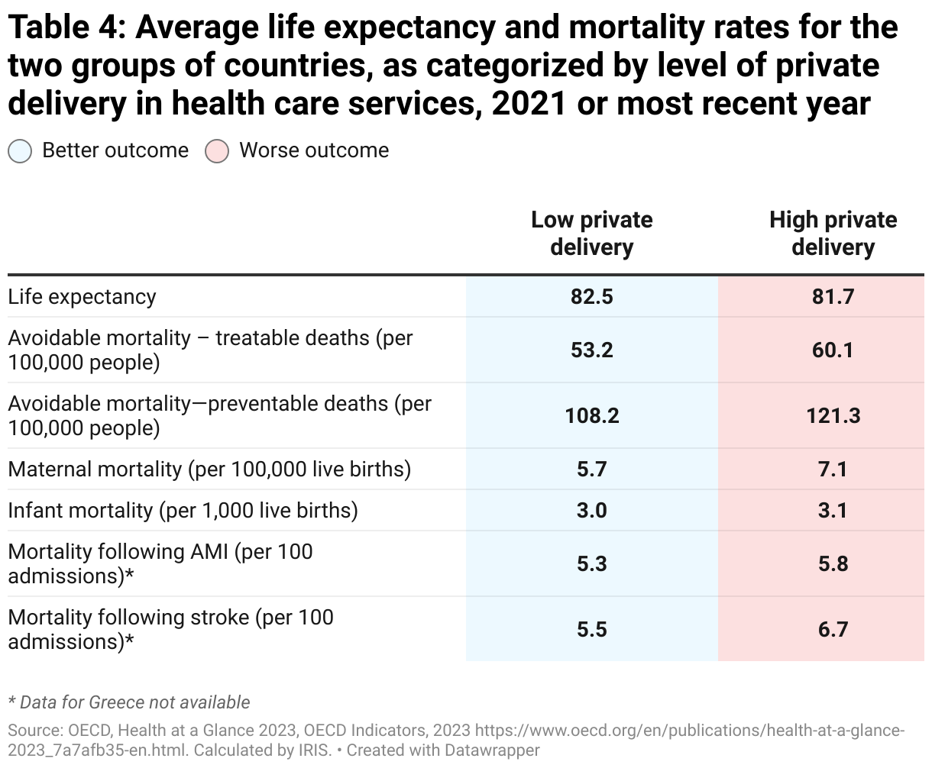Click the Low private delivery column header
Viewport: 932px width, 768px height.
pyautogui.click(x=591, y=234)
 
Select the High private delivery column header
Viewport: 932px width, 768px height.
pyautogui.click(x=833, y=234)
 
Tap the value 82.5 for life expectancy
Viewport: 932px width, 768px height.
pyautogui.click(x=591, y=297)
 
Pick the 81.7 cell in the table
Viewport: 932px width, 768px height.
pyautogui.click(x=833, y=297)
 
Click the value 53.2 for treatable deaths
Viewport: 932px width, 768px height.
pyautogui.click(x=591, y=350)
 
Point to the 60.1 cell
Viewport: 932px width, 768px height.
pyautogui.click(x=833, y=350)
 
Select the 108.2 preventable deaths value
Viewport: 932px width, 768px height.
pyautogui.click(x=591, y=416)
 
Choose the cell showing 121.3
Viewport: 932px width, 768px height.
pyautogui.click(x=833, y=416)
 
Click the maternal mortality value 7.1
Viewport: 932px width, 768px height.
pyautogui.click(x=833, y=469)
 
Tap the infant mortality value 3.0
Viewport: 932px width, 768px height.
pyautogui.click(x=591, y=510)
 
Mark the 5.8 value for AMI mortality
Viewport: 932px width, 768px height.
pyautogui.click(x=833, y=564)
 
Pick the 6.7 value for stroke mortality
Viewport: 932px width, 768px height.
pyautogui.click(x=833, y=629)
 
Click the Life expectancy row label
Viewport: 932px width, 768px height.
pyautogui.click(x=82, y=297)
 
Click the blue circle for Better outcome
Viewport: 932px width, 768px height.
pyautogui.click(x=20, y=151)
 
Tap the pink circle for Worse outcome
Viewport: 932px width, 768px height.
pyautogui.click(x=217, y=151)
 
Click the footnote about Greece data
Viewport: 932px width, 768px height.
pyautogui.click(x=128, y=702)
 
